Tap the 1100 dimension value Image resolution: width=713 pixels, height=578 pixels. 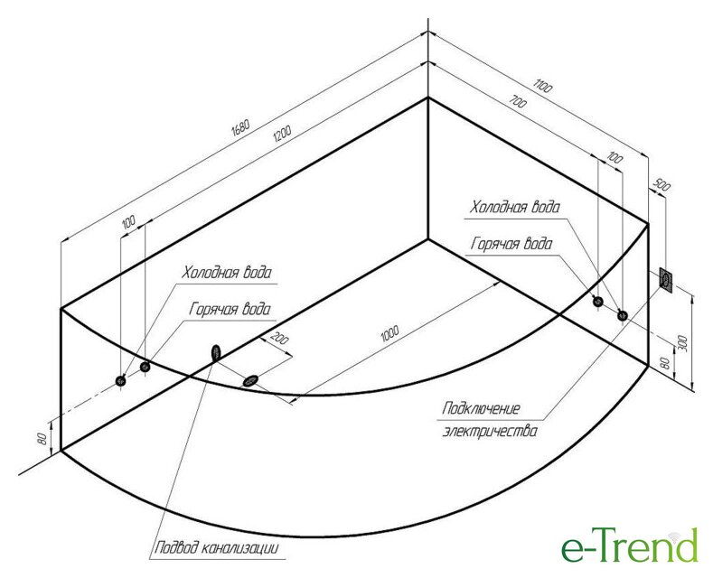(543, 88)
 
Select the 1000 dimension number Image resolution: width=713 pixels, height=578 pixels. (389, 334)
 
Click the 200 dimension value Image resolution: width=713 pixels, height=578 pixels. (279, 340)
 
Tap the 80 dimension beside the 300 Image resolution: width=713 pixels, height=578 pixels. (665, 364)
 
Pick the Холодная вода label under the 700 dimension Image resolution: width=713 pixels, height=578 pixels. (514, 207)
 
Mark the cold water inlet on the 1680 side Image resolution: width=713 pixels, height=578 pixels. (122, 381)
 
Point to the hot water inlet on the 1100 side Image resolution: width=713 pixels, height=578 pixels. (622, 315)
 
